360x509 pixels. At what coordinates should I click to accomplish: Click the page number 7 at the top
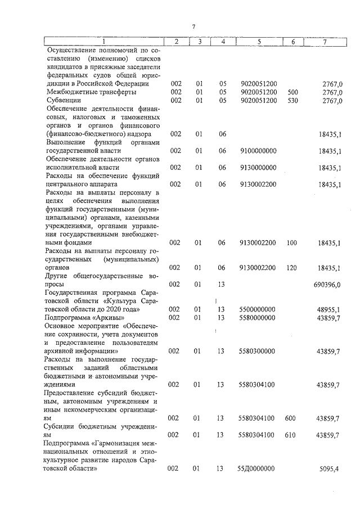tap(192, 27)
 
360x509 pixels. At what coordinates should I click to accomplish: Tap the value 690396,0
tap(327, 285)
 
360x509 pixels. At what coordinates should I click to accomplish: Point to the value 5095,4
tap(332, 469)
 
